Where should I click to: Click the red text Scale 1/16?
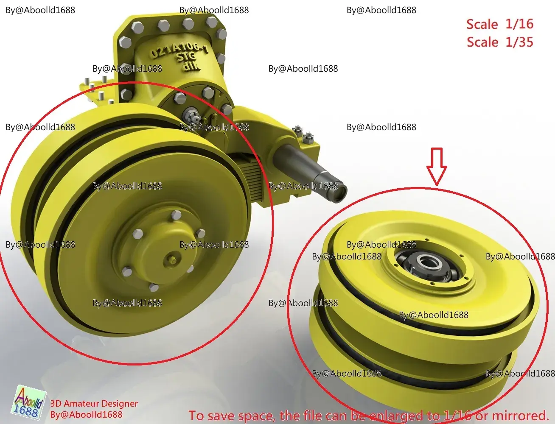tap(499, 24)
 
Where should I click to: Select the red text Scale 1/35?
tap(499, 42)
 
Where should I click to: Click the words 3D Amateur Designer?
tap(94, 404)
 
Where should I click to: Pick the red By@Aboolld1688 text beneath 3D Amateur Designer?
tap(86, 415)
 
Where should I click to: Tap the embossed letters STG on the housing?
tap(186, 57)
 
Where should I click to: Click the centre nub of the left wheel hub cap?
tap(171, 259)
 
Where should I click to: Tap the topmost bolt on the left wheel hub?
tap(176, 216)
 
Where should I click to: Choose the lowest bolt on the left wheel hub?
tap(154, 288)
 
